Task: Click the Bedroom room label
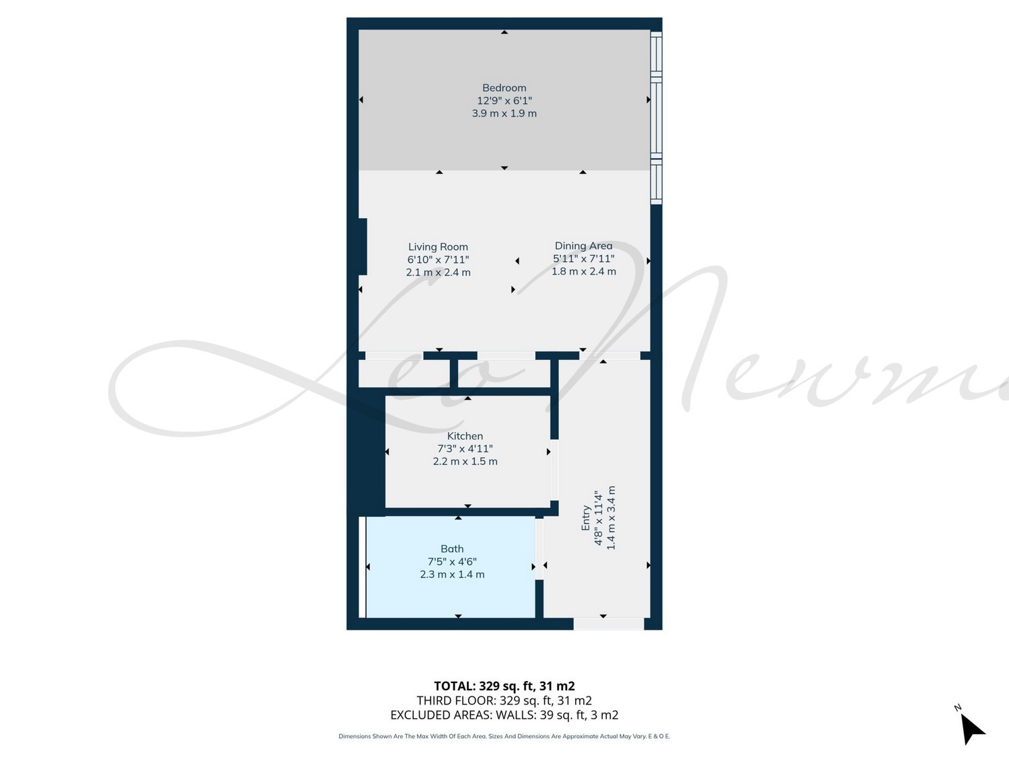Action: (504, 87)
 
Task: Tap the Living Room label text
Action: (438, 247)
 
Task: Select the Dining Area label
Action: (583, 246)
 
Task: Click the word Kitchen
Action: (465, 436)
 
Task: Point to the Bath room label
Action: (452, 549)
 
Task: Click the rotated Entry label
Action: (586, 518)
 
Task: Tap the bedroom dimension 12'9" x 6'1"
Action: (504, 101)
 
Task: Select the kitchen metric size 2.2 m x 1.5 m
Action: (465, 462)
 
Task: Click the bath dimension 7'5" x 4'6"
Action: (452, 562)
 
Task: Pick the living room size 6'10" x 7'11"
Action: (438, 260)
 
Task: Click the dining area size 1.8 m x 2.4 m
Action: (584, 272)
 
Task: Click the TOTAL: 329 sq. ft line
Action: (504, 686)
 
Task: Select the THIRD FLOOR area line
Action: (504, 700)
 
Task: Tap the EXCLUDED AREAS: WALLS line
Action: (504, 715)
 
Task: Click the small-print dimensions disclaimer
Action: (504, 736)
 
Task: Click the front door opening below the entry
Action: (609, 624)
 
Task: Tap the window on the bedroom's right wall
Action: (657, 118)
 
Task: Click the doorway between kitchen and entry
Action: (554, 470)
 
